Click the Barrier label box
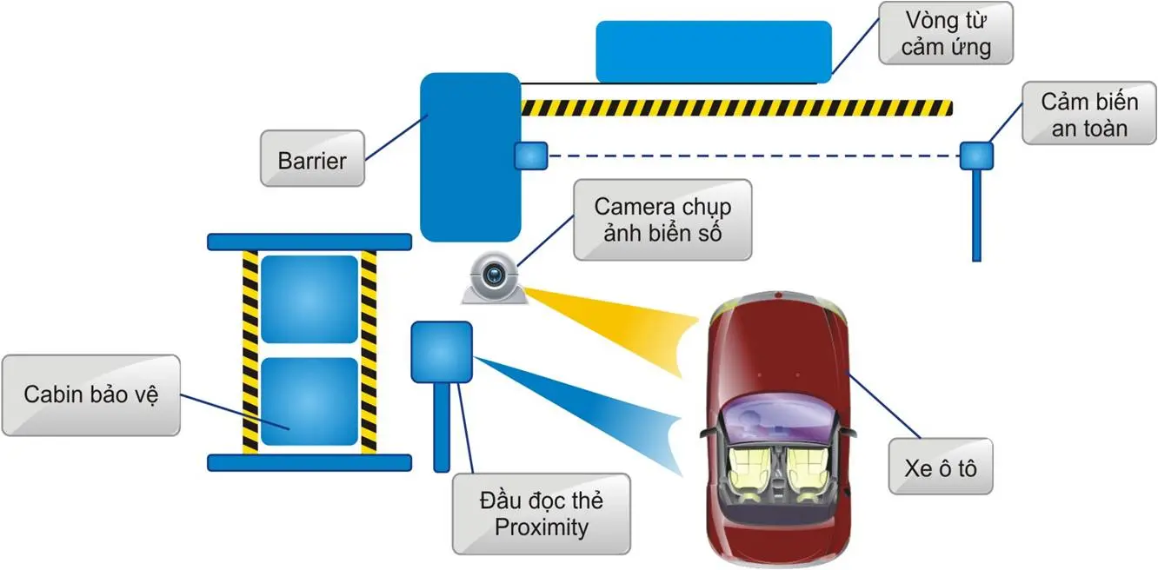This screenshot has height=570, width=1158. pyautogui.click(x=312, y=159)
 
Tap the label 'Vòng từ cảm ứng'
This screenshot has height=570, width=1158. pyautogui.click(x=946, y=33)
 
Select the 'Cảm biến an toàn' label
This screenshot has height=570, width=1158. pyautogui.click(x=1088, y=115)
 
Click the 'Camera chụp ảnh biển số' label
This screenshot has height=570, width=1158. pyautogui.click(x=662, y=220)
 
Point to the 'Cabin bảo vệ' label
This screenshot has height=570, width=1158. pyautogui.click(x=90, y=394)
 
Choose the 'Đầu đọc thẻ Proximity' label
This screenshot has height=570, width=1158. pyautogui.click(x=541, y=514)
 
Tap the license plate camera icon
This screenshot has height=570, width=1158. pyautogui.click(x=493, y=278)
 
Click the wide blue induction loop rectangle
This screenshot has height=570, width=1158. pyautogui.click(x=713, y=51)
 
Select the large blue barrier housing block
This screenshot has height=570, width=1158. pyautogui.click(x=470, y=156)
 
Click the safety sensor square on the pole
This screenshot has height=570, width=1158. pyautogui.click(x=976, y=156)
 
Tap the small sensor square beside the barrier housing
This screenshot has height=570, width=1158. pyautogui.click(x=530, y=156)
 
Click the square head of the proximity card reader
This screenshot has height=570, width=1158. pyautogui.click(x=442, y=352)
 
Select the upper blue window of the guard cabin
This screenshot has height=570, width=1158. pyautogui.click(x=309, y=299)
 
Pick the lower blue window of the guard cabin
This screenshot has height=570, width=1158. pyautogui.click(x=309, y=401)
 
